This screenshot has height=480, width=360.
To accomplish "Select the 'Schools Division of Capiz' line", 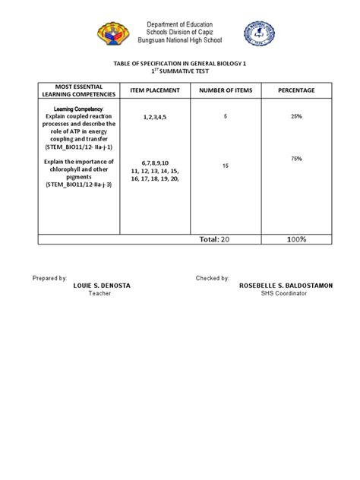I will [x=180, y=35].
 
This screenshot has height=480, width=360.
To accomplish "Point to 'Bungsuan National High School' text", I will [x=180, y=44].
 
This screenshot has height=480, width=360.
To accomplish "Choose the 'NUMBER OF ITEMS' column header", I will [x=225, y=91].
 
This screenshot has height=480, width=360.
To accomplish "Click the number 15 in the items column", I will [x=226, y=165].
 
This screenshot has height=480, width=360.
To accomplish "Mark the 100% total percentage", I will [x=296, y=239].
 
